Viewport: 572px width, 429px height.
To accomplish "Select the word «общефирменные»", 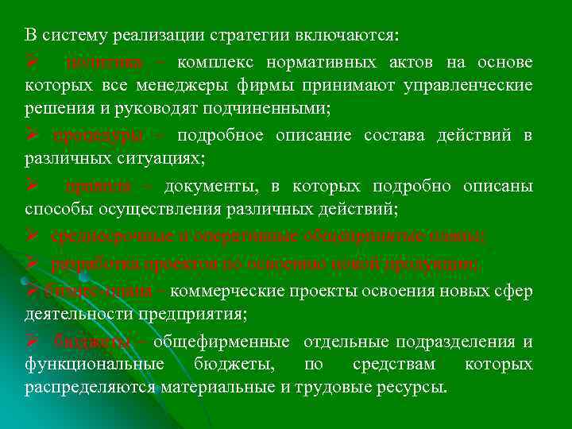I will coord(220,342).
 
